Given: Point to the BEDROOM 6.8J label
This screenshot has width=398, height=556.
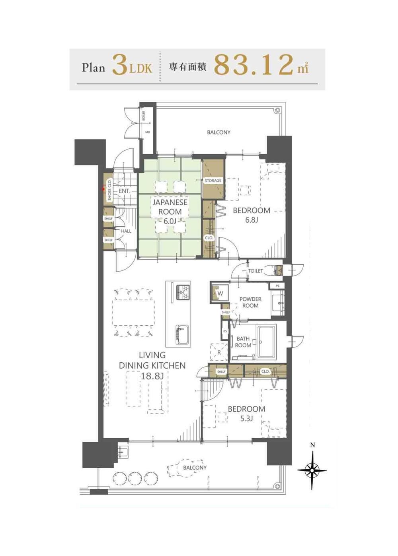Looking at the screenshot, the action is pyautogui.click(x=252, y=215).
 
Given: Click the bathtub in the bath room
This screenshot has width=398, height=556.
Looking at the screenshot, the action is pyautogui.click(x=267, y=343).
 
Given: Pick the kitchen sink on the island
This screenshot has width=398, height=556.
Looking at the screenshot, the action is pyautogui.click(x=183, y=334).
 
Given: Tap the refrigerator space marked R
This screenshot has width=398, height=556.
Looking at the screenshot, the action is pyautogui.click(x=219, y=352).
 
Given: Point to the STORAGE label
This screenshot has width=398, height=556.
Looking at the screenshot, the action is pyautogui.click(x=213, y=181).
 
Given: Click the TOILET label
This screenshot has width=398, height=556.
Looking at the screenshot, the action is pyautogui.click(x=256, y=271).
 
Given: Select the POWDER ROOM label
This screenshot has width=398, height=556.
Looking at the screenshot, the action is pyautogui.click(x=250, y=302).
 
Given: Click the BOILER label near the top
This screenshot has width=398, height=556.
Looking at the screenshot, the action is pyautogui.click(x=144, y=116).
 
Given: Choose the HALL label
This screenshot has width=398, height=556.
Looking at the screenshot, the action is pyautogui.click(x=126, y=231).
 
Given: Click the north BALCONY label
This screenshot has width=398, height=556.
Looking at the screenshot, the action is pyautogui.click(x=219, y=132).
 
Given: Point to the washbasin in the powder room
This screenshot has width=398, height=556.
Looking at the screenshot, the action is pyautogui.click(x=278, y=302).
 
